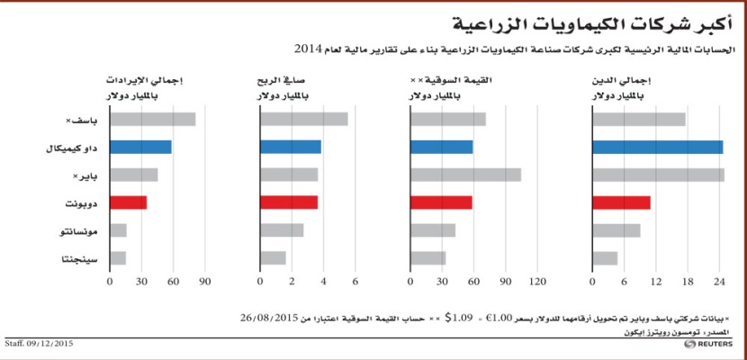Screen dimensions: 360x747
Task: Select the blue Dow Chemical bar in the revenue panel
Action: pyautogui.click(x=140, y=147)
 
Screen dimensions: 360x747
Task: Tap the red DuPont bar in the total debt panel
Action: pyautogui.click(x=622, y=202)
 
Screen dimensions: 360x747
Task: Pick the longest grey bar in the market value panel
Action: pyautogui.click(x=465, y=175)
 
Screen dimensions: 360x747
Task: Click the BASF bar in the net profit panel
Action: pyautogui.click(x=304, y=119)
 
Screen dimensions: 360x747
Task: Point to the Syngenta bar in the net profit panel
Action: pyautogui.click(x=274, y=258)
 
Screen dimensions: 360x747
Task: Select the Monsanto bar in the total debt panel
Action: pyautogui.click(x=616, y=230)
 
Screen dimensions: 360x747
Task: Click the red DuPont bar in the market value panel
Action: pyautogui.click(x=441, y=202)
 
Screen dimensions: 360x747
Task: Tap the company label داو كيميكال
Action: pyautogui.click(x=76, y=148)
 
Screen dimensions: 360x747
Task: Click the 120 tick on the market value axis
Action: pyautogui.click(x=537, y=283)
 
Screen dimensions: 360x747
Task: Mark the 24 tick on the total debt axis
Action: pyautogui.click(x=719, y=283)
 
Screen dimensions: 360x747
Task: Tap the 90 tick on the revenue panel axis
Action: pyautogui.click(x=204, y=283)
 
